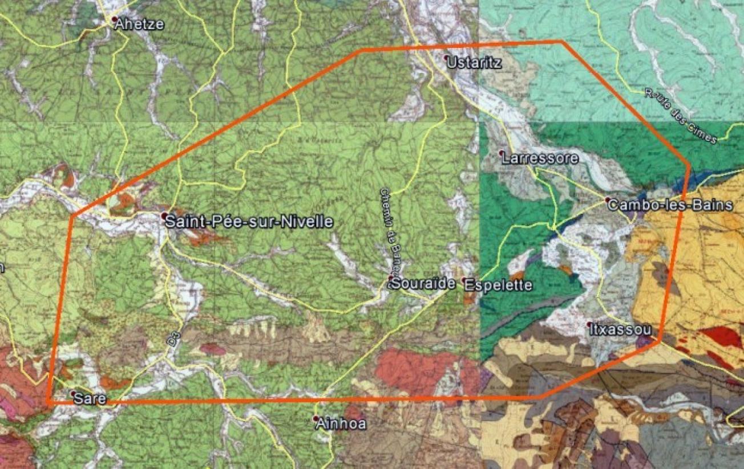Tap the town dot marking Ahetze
(115, 20)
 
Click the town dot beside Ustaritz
(447, 58)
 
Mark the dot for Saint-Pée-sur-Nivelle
(164, 216)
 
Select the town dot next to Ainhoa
(316, 418)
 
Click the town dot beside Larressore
(501, 153)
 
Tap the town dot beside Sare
(72, 393)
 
